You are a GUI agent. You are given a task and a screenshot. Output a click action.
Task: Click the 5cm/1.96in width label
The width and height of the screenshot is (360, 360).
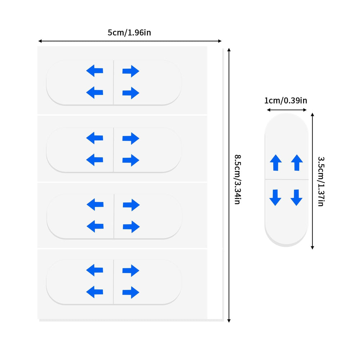[x=129, y=33]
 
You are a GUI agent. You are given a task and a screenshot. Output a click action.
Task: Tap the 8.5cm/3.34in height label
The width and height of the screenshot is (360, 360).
[x=237, y=179]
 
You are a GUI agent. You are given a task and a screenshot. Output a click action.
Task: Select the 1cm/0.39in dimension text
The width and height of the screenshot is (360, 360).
[x=285, y=100]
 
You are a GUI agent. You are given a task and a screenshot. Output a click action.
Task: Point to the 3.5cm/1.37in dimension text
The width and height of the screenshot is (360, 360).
[x=321, y=181]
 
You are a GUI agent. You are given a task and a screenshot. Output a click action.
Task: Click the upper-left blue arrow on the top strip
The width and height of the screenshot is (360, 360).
[x=95, y=71]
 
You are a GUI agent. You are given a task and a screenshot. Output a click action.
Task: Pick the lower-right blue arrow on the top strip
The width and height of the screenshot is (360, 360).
[x=131, y=93]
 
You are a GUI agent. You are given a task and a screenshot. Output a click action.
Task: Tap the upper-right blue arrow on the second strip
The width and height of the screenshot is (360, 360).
[x=131, y=138]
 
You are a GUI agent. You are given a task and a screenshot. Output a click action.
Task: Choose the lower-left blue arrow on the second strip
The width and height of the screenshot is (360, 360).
[x=95, y=160]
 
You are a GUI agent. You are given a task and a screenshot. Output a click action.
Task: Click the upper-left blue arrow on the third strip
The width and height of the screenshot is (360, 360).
[x=95, y=204]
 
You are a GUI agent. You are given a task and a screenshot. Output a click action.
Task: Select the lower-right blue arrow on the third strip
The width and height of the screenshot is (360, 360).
[x=131, y=226]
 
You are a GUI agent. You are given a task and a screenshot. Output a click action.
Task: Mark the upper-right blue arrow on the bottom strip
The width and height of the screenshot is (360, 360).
[x=131, y=270]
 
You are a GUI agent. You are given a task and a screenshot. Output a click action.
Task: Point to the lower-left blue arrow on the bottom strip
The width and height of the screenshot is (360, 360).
[x=95, y=292]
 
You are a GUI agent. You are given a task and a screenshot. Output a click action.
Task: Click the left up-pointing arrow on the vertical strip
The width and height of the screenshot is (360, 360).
[x=276, y=163]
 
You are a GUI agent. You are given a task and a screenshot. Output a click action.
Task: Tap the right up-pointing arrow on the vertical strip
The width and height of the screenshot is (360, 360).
[x=297, y=163]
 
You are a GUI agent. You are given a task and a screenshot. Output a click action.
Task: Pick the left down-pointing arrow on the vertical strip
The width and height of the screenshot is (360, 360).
[x=275, y=197]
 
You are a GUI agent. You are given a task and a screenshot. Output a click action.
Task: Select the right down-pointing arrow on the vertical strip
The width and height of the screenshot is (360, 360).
[x=296, y=197]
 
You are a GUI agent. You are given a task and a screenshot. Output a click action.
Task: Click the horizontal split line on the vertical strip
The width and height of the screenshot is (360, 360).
[x=287, y=179]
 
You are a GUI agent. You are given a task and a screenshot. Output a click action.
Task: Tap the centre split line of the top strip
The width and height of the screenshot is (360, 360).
[x=113, y=82]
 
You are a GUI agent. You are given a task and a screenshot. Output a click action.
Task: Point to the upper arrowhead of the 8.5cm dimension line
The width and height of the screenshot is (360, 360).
[x=229, y=50]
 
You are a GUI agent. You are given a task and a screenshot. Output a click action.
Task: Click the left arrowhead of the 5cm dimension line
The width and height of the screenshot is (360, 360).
[x=40, y=41]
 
